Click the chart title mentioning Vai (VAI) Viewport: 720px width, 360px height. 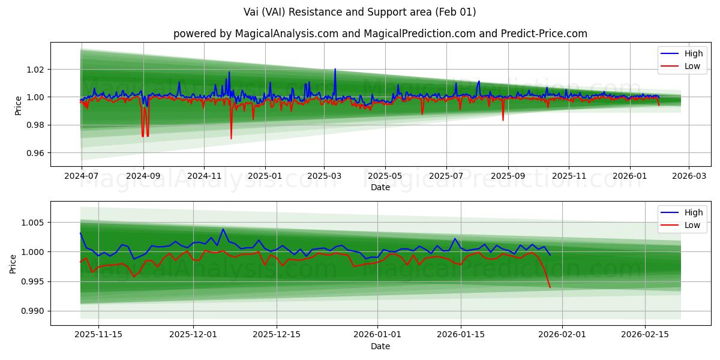click(x=360, y=12)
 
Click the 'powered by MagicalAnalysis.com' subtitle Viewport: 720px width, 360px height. click(x=380, y=34)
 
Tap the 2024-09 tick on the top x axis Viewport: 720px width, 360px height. click(x=143, y=177)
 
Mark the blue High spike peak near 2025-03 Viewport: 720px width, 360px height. click(x=335, y=69)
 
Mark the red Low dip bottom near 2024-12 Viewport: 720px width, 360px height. click(x=231, y=139)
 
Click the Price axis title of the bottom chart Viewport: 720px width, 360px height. click(x=13, y=263)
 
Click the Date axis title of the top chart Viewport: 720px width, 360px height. click(x=380, y=187)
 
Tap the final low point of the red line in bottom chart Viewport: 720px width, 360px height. click(x=550, y=287)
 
